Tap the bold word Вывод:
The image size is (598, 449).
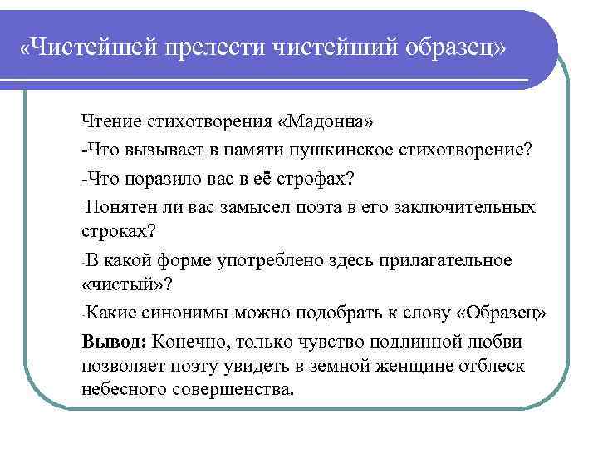114,343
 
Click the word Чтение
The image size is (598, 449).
112,124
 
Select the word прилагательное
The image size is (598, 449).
450,261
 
